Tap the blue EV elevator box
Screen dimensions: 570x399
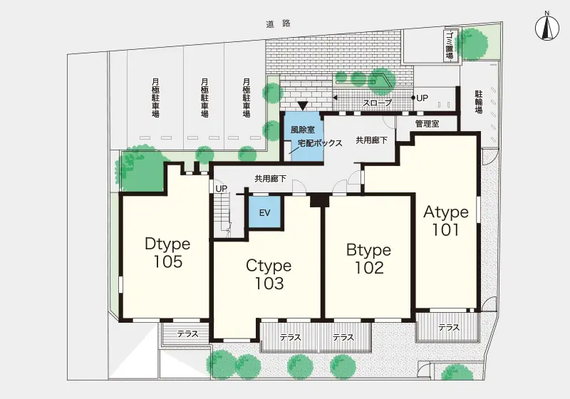(264, 212)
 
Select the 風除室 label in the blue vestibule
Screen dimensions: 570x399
(302, 130)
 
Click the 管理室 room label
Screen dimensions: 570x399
(427, 123)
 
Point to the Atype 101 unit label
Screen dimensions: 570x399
(446, 221)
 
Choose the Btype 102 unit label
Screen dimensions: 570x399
(368, 259)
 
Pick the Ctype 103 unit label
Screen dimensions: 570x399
(269, 274)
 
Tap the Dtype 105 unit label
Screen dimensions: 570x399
(167, 252)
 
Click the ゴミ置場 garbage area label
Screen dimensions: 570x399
(450, 46)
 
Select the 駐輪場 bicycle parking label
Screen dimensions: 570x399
(479, 102)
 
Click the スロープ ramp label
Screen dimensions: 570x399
(378, 103)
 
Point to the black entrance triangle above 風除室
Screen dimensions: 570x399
(302, 105)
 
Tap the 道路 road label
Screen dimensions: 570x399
(279, 24)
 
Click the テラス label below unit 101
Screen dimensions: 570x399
(449, 328)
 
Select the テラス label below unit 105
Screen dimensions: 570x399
(187, 333)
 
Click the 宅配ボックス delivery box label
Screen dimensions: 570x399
(320, 142)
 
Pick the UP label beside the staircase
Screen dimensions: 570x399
(222, 189)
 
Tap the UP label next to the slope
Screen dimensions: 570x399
(422, 98)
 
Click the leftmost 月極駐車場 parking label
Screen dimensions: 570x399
(155, 98)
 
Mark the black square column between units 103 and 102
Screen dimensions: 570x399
(319, 201)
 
